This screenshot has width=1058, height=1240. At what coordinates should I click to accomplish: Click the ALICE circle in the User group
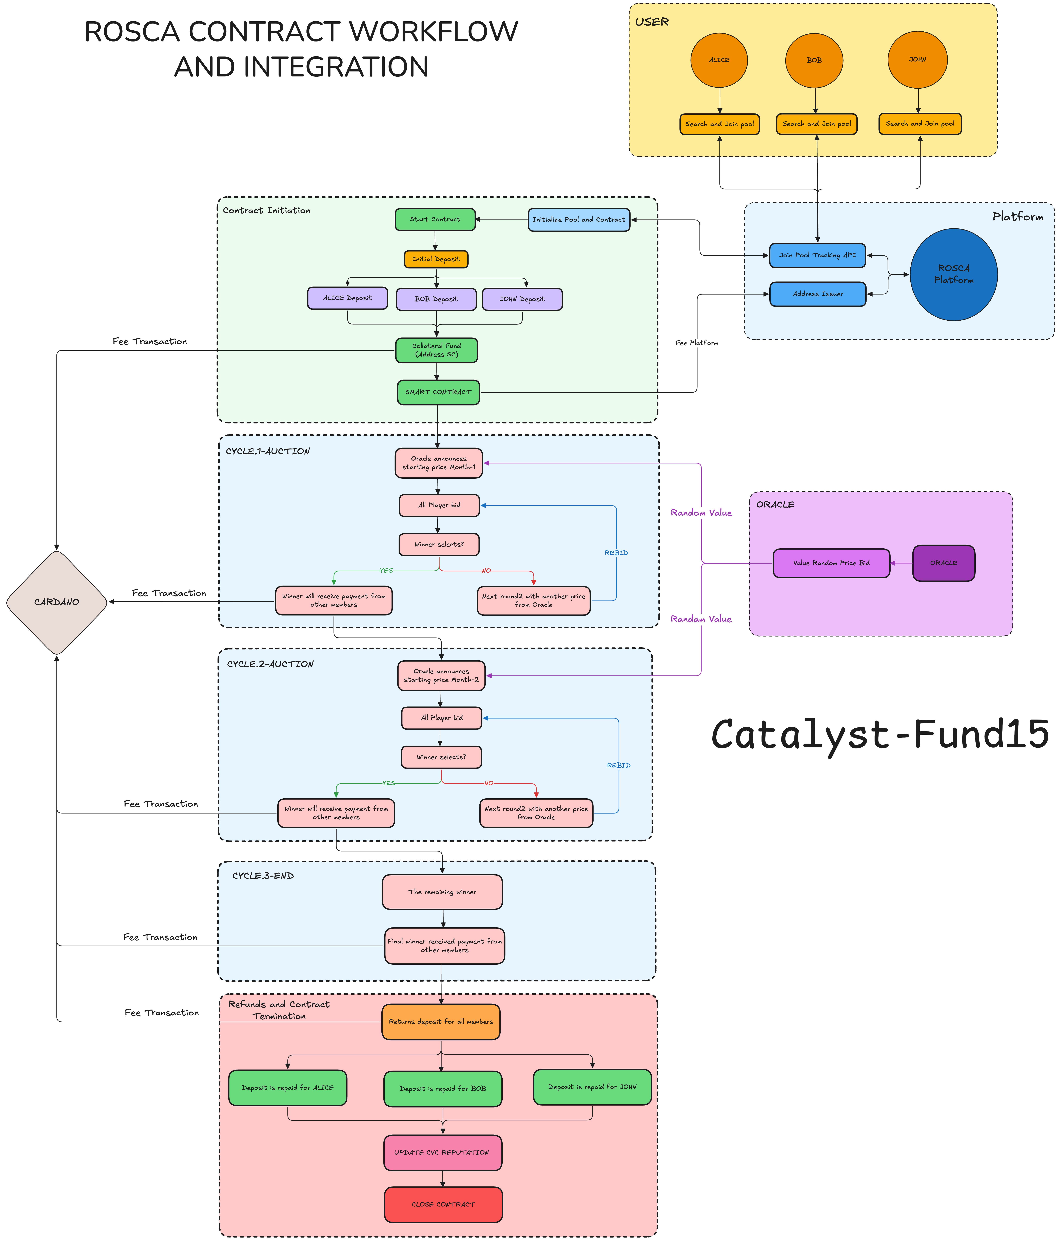pos(719,60)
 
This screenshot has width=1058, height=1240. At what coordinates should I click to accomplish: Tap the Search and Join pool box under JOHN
pos(920,124)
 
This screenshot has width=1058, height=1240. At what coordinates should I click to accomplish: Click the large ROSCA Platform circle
pos(953,275)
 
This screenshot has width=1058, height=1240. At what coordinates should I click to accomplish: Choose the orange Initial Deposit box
pos(436,259)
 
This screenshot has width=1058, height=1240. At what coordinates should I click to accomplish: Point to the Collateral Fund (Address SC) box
pos(436,350)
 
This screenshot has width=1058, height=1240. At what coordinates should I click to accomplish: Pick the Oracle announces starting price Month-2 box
pos(441,676)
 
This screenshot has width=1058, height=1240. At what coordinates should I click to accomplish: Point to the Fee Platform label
pos(697,343)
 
